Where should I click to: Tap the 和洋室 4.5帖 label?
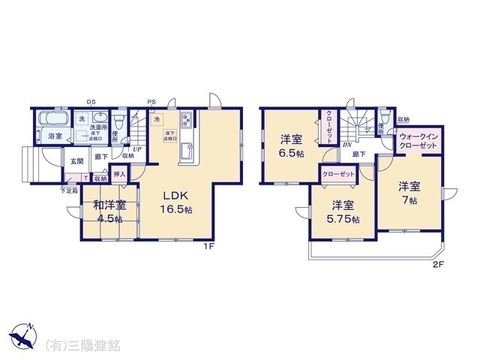[109, 211]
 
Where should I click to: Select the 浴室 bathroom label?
[55, 136]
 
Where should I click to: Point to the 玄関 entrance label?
[78, 160]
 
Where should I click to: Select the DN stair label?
[347, 145]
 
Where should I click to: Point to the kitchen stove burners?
[187, 123]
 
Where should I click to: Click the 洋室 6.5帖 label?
[292, 145]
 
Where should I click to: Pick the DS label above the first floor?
[91, 102]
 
